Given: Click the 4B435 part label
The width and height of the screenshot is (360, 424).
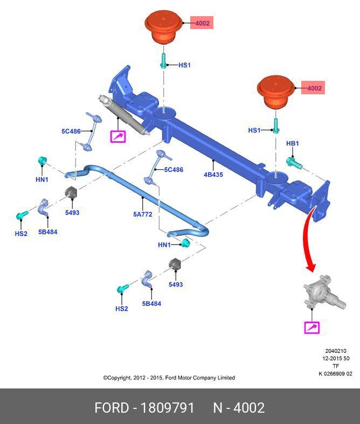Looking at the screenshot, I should [213, 175].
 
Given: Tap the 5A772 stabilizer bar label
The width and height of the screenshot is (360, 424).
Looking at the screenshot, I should [143, 214].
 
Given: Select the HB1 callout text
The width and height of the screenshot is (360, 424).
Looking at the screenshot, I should [292, 143].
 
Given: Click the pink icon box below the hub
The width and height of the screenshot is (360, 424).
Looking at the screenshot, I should [312, 327].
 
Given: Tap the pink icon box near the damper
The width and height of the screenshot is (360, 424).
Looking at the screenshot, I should [118, 136].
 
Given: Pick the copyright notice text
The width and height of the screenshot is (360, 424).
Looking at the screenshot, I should [169, 378].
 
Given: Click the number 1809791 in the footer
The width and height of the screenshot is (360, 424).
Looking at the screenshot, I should [167, 408].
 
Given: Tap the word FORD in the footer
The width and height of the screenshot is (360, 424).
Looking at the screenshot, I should [112, 408].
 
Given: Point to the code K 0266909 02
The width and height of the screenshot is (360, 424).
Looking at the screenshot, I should [335, 374].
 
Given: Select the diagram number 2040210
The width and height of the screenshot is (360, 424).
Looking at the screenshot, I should [335, 351].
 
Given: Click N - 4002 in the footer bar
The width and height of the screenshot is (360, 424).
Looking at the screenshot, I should [239, 408].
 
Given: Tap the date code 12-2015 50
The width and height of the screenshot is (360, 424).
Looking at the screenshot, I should [336, 358].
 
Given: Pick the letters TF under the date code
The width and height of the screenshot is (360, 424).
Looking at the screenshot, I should [335, 366].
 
